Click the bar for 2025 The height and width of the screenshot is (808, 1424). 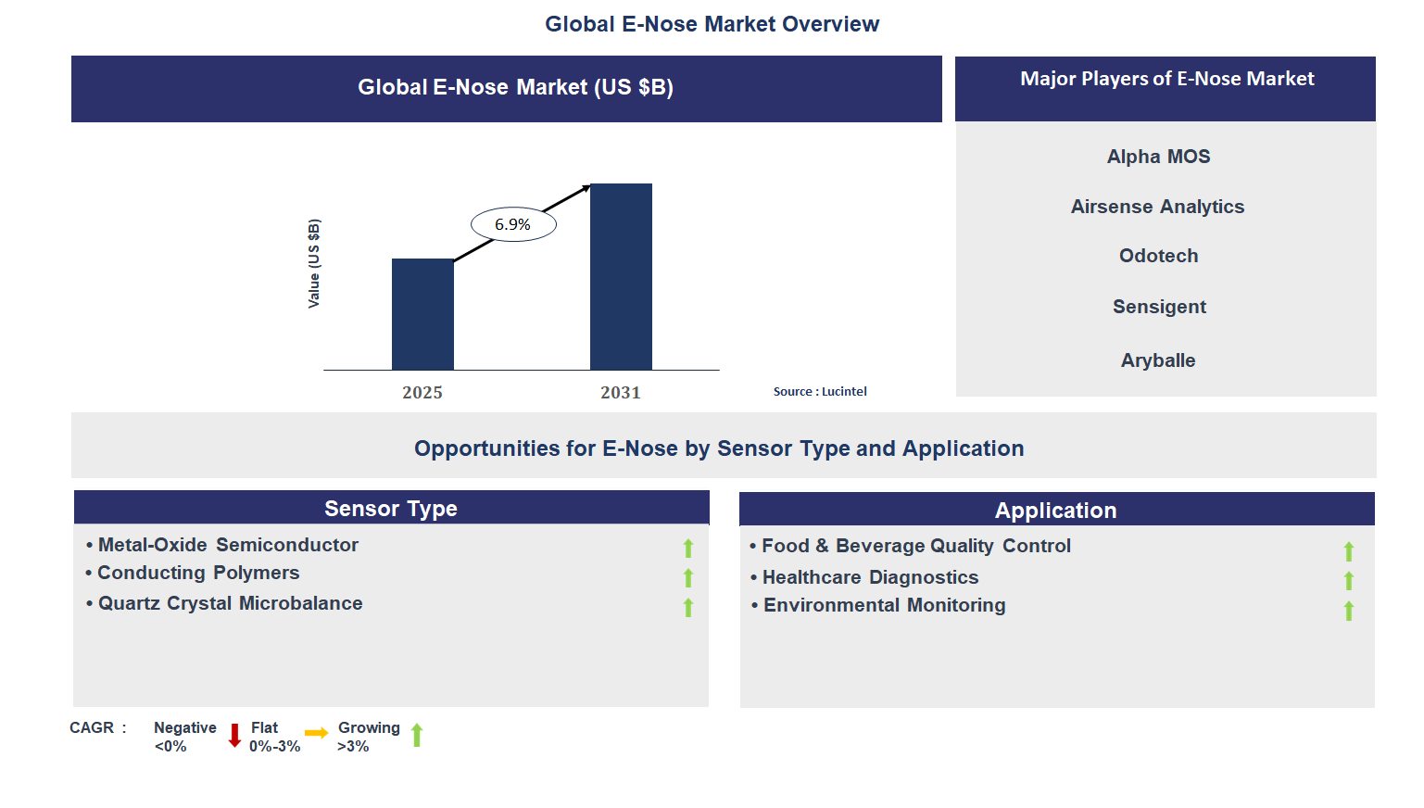coord(422,314)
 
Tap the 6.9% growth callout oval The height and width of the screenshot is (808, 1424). coord(513,224)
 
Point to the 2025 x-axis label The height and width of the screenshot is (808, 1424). coord(422,393)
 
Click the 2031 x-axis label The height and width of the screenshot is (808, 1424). coord(621,393)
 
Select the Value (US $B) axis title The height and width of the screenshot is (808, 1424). coord(314,264)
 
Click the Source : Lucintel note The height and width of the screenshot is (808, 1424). coord(820,392)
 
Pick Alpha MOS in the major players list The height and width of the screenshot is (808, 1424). coord(1158,157)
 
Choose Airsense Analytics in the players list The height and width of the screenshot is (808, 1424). coord(1157,207)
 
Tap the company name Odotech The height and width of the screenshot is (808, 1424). coord(1158,256)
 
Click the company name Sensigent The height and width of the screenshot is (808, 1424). coord(1159,307)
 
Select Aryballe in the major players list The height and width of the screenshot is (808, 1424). coord(1158,360)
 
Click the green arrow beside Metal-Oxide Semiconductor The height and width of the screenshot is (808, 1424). coord(688,549)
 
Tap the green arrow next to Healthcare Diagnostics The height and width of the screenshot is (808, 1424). coord(1349,581)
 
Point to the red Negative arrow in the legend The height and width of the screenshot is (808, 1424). coord(234,736)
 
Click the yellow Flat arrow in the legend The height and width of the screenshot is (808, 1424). coord(316,733)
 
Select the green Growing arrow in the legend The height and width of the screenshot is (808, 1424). coord(417,735)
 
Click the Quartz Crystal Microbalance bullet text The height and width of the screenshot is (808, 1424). coord(230,603)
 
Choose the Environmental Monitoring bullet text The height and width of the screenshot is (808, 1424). coord(884,605)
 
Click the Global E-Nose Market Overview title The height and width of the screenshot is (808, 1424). coord(712,24)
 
